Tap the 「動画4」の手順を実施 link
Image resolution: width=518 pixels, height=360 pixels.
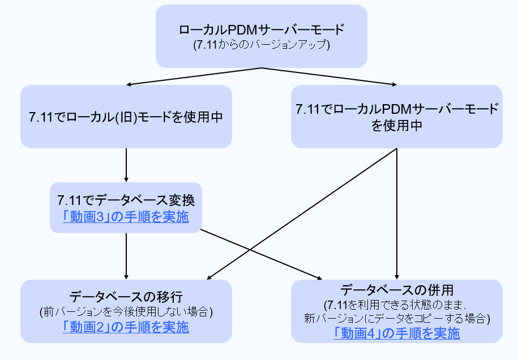(396, 333)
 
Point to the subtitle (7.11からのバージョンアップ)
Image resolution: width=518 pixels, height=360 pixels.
(261, 45)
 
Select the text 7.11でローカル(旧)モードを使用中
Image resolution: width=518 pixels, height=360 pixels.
(126, 117)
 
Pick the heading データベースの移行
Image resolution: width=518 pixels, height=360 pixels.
(126, 297)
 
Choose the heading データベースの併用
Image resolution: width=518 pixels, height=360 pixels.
(396, 290)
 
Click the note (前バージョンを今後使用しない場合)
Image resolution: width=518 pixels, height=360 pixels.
(126, 312)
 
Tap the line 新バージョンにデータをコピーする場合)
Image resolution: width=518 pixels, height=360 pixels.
(396, 319)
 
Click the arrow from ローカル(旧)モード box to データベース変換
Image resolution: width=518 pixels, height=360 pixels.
(126, 165)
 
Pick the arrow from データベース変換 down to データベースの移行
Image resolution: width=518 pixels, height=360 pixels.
(126, 256)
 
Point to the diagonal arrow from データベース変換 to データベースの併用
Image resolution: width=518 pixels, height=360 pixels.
(260, 254)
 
